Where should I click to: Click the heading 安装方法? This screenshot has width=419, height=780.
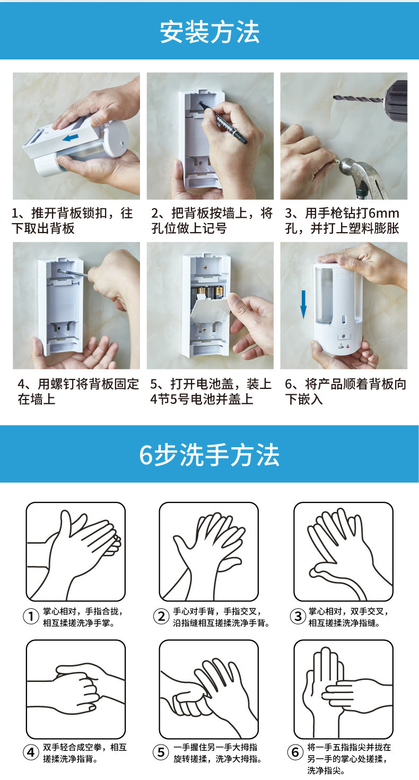210,32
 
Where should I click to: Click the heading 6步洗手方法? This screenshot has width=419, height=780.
209,455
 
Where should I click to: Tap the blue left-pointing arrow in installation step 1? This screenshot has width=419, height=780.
71,138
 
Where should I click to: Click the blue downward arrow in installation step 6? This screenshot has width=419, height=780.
303,304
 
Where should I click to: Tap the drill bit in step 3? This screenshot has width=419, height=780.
357,99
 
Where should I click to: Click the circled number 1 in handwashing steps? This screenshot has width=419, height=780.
31,616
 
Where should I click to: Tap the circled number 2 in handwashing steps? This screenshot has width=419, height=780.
161,616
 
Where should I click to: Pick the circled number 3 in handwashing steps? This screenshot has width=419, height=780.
298,616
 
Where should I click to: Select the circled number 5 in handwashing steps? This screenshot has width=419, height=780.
161,752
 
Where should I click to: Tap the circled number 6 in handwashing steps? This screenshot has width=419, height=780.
295,752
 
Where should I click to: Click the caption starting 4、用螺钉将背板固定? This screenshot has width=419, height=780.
78,392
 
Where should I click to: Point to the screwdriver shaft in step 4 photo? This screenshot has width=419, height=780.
73,273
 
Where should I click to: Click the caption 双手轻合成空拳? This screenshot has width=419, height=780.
85,753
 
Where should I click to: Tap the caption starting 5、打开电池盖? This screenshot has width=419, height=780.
211,392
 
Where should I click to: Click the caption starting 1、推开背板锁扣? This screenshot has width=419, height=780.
72,220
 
